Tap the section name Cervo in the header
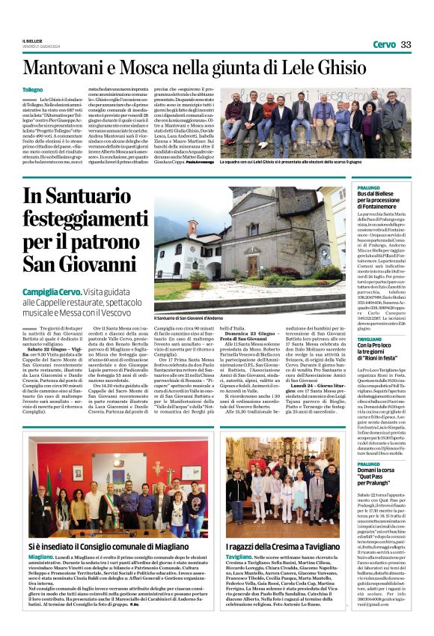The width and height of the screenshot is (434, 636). pyautogui.click(x=384, y=44)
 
